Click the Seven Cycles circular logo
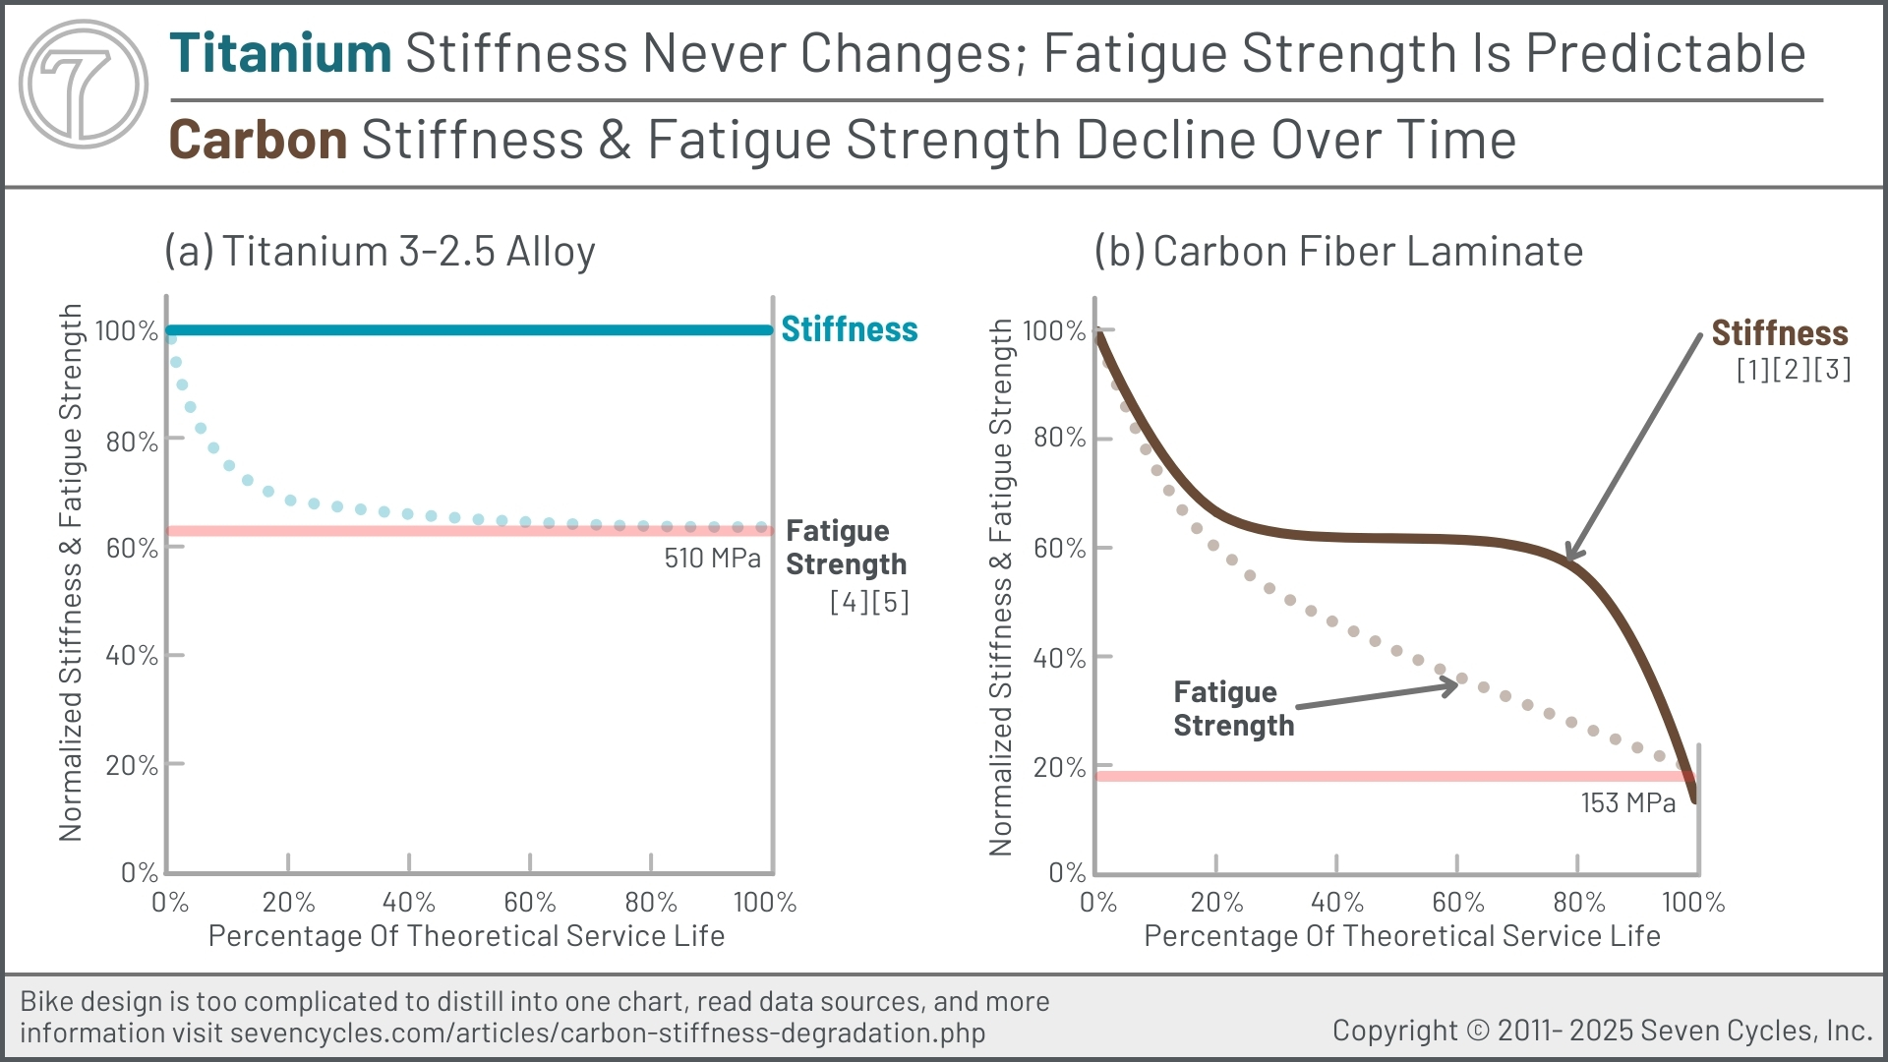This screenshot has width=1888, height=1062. click(84, 84)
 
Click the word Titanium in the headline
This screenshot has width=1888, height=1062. click(280, 53)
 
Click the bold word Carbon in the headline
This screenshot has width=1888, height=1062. click(258, 140)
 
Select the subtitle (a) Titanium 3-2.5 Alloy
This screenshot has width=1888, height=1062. click(380, 252)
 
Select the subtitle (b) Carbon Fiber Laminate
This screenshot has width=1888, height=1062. click(1338, 252)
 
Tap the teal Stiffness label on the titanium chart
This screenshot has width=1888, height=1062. click(849, 329)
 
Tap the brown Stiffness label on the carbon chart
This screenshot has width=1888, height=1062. click(1779, 333)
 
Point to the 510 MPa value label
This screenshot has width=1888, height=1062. click(712, 559)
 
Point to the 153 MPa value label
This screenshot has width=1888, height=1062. click(1627, 803)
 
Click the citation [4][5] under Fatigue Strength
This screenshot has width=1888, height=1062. click(869, 602)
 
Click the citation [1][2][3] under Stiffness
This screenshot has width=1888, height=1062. click(1793, 370)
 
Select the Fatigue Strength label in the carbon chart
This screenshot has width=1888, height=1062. click(1233, 709)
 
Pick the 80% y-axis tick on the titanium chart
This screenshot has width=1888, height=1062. click(132, 442)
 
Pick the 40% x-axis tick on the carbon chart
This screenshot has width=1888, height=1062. click(1336, 902)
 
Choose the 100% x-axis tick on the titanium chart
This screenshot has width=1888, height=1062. click(765, 902)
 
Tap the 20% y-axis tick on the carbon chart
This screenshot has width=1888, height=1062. click(1059, 767)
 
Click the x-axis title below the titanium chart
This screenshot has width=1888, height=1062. click(466, 936)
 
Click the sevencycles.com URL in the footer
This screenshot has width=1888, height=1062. click(607, 1033)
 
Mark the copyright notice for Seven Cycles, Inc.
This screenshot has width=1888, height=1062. click(1602, 1031)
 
